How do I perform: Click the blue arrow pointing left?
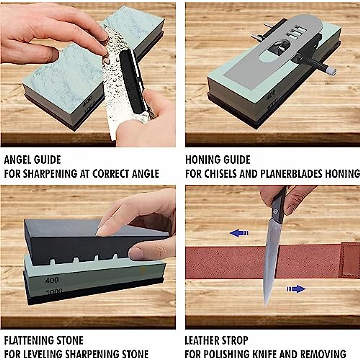pyautogui.click(x=239, y=233)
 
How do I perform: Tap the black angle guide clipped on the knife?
pyautogui.click(x=130, y=81)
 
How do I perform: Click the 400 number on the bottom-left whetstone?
pyautogui.click(x=52, y=280)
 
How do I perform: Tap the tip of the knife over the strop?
pyautogui.click(x=266, y=303)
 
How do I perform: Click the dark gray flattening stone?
pyautogui.click(x=75, y=243)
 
